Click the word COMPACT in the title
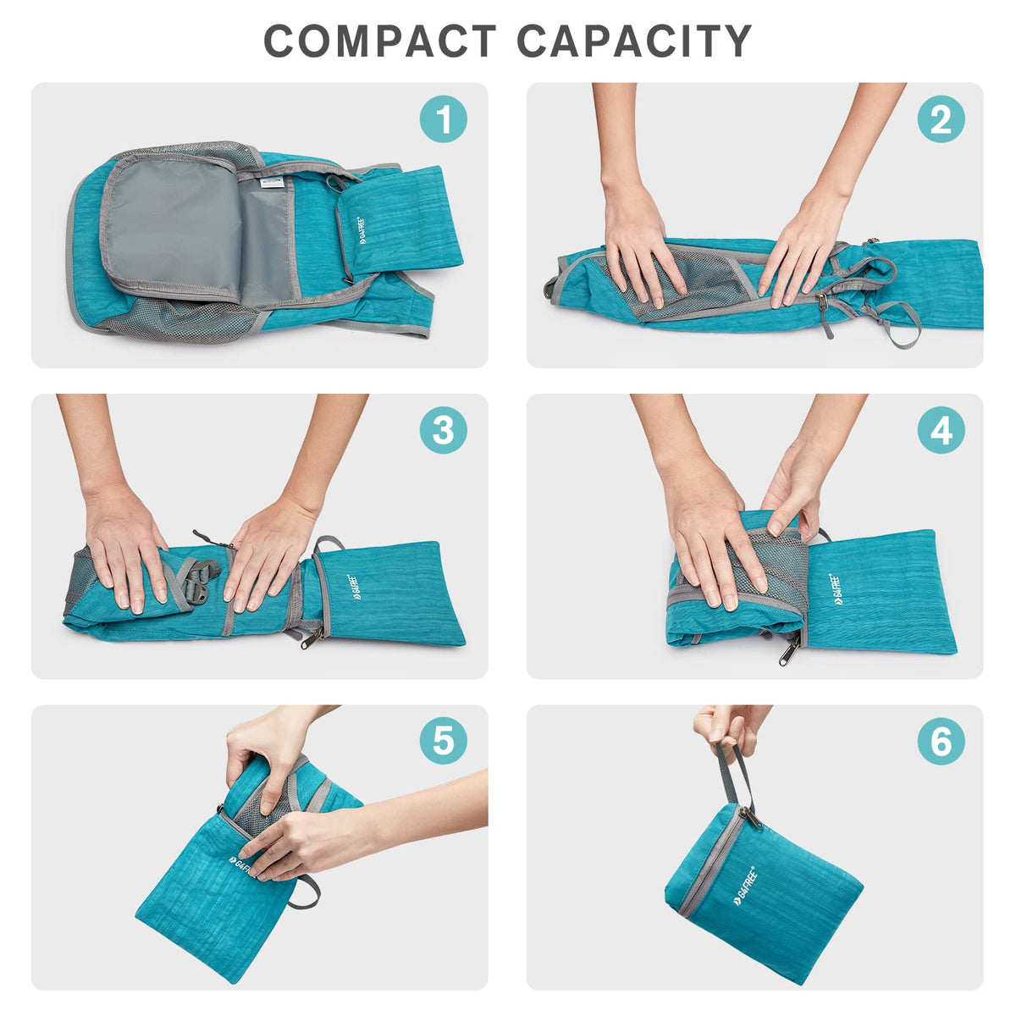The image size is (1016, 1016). pos(379,41)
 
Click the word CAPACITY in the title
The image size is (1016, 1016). pos(634,41)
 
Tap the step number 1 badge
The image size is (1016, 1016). pos(444,119)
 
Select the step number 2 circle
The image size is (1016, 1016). pos(941,119)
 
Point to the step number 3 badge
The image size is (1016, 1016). pos(444,430)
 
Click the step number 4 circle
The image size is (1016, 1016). pos(941,430)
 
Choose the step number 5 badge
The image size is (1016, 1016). pos(444,742)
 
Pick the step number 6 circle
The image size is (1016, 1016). pos(941,742)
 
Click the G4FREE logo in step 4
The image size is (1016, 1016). pos(836,587)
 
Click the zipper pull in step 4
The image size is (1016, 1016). pos(789,650)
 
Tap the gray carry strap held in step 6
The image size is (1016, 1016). pos(735,775)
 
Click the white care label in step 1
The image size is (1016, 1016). pos(273,182)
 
